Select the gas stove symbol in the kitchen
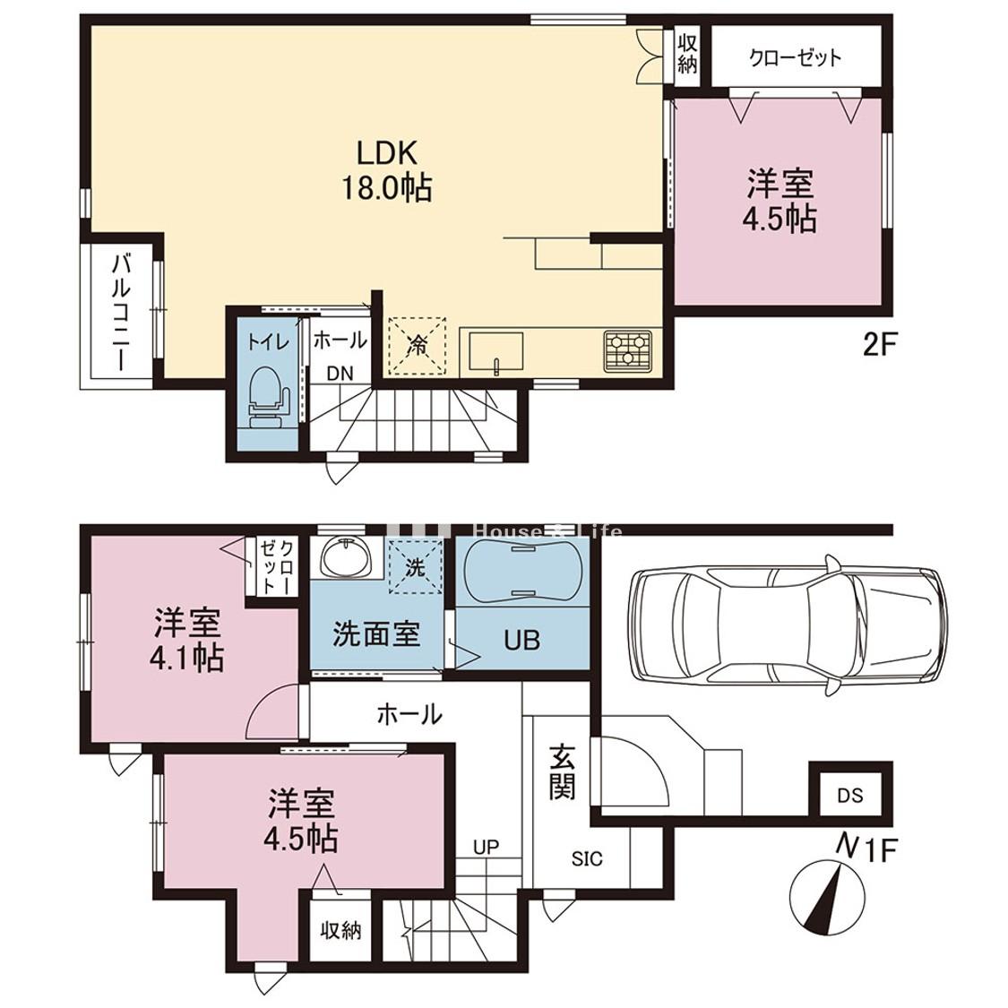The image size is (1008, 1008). pos(627,351)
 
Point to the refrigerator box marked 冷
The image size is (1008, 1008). pos(418,345)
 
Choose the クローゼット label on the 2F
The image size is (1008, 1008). pos(795,58)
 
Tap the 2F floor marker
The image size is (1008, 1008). pos(879,346)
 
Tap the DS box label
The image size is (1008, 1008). pos(849,796)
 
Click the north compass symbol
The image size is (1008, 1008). pos(825,897)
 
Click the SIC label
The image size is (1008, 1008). pos(587,859)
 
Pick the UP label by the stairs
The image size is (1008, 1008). pos(486,847)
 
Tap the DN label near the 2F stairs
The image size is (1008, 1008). pos(340,373)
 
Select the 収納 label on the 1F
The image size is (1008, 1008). pos(340,929)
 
